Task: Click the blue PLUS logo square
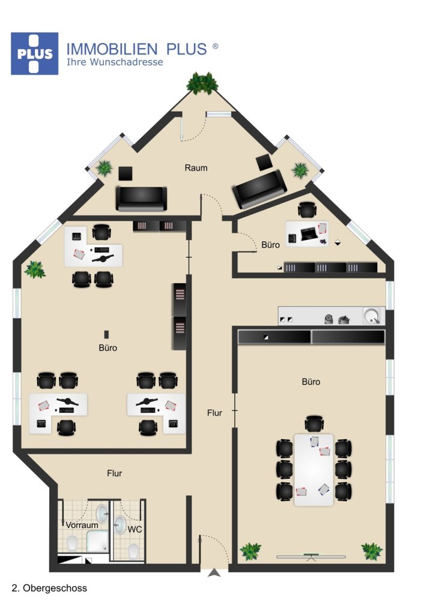point(34,53)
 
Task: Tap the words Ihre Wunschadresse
point(114,62)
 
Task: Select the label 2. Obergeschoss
point(49,588)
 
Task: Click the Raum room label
point(196,168)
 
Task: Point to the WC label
point(135,530)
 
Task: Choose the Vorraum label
point(82,526)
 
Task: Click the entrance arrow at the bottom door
point(214,574)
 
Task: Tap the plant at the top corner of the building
point(202,83)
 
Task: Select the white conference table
point(313,470)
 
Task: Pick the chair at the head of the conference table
point(313,424)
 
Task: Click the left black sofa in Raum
point(141,198)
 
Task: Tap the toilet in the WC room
point(134,550)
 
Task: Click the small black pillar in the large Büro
point(107,334)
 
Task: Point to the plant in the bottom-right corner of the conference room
point(372,550)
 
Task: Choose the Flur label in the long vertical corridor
point(214,413)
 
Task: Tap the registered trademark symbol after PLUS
point(215,46)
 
